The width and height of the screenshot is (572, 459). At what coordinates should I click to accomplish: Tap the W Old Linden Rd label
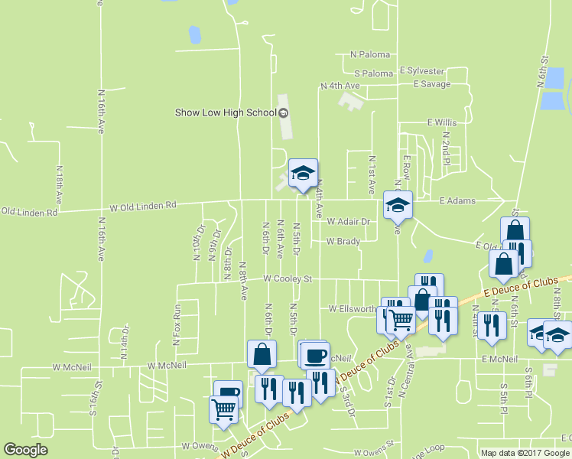pos(143,206)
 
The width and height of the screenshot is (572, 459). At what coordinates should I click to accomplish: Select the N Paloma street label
pos(370,54)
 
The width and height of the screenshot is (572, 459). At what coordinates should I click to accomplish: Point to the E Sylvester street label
pos(421,70)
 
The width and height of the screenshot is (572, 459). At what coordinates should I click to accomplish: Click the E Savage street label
pos(431,84)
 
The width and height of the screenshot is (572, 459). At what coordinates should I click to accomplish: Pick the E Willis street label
pos(441,122)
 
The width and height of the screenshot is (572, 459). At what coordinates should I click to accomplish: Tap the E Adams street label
pos(457,201)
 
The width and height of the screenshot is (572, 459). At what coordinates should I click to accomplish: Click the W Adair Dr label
pos(348,221)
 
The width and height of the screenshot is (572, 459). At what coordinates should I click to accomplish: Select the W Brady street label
pos(343,241)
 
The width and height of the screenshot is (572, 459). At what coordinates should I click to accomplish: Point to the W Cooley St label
pos(288,279)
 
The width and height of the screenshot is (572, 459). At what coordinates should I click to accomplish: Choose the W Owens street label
pos(200,444)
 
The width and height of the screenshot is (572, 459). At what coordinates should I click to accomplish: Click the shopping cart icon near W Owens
pos(223,409)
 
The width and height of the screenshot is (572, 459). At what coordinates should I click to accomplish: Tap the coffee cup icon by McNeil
pos(314,355)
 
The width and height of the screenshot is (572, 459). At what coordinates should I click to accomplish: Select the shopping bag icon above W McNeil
pos(262,354)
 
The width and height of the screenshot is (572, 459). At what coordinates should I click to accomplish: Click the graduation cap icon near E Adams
pos(398,205)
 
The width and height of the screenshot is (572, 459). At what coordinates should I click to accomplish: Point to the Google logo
pos(25,450)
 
